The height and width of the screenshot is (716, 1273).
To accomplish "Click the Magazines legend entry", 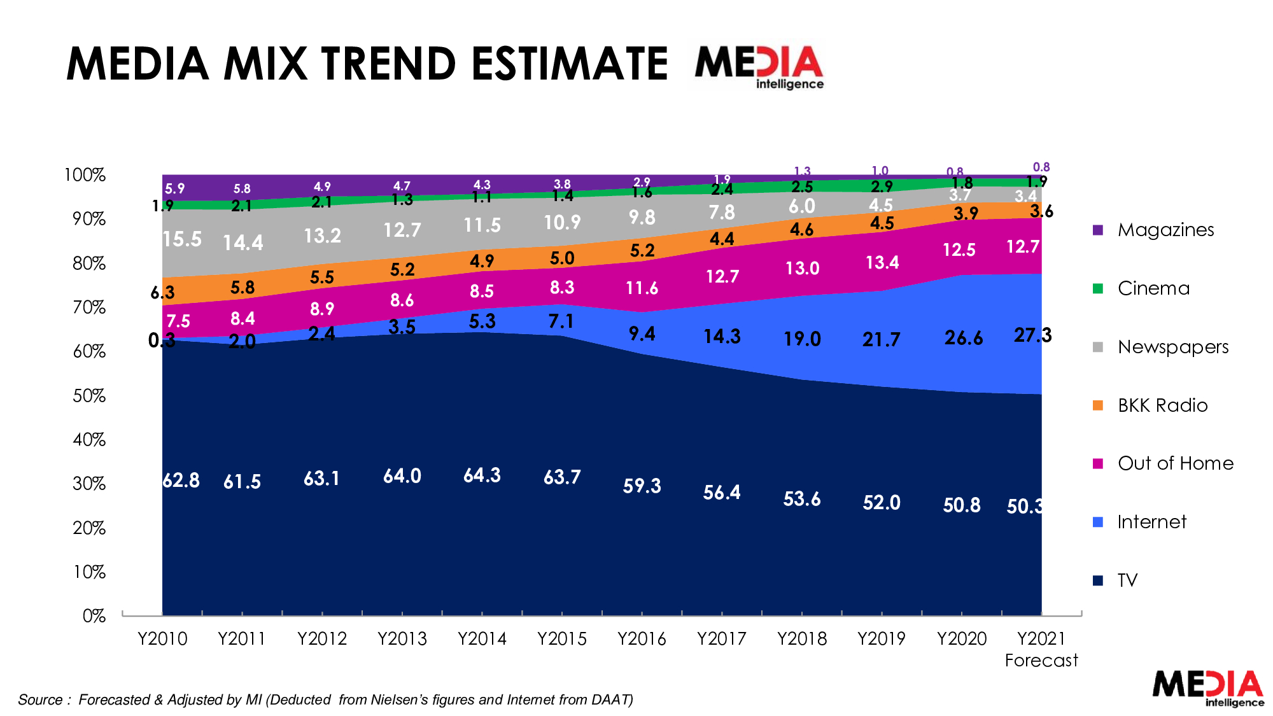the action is (x=1153, y=230).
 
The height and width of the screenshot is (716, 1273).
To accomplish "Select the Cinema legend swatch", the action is (x=1098, y=288).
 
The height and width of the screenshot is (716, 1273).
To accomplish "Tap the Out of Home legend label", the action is (x=1176, y=463).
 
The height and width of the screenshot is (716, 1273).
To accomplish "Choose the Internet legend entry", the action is (x=1139, y=522).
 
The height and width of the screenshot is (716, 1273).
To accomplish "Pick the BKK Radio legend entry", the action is (x=1150, y=405).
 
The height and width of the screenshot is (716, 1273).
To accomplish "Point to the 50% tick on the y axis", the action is (x=89, y=396).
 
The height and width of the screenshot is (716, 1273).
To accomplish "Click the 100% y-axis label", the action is (x=85, y=175).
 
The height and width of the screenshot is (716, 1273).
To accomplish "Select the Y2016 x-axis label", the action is (x=642, y=638).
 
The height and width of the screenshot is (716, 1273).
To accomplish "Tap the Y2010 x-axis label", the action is (x=162, y=638).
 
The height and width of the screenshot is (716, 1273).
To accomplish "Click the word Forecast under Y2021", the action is (x=1041, y=661).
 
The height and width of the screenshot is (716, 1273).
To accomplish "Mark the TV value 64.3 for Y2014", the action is (x=482, y=475).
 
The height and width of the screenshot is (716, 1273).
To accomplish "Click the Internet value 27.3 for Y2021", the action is (x=1032, y=335).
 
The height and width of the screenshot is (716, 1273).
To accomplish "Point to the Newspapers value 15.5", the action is (x=182, y=239).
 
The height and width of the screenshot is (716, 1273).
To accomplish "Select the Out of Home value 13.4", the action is (x=882, y=262).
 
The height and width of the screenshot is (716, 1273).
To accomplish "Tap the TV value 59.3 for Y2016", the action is (x=642, y=486).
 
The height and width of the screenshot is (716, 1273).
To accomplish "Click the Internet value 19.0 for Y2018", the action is (x=802, y=339).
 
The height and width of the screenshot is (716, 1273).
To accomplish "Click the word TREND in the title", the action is (x=389, y=64).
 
